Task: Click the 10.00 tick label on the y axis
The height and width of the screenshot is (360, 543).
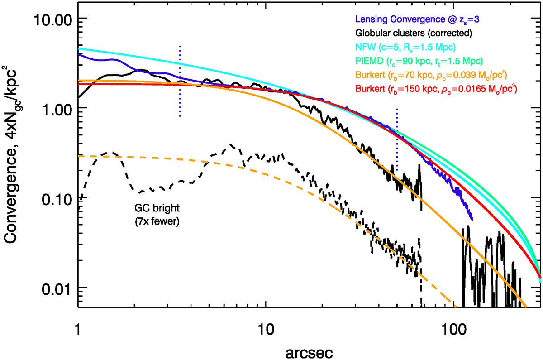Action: (52, 20)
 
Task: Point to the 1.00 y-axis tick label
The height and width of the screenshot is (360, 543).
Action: (57, 110)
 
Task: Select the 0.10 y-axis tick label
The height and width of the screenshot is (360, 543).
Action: (57, 200)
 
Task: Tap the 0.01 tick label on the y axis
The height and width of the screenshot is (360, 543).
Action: (57, 289)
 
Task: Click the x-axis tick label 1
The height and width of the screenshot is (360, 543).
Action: (78, 329)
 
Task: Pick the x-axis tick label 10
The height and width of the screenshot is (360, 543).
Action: (266, 329)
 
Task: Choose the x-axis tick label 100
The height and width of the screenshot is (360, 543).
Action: (454, 329)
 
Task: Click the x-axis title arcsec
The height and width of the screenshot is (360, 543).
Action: (309, 352)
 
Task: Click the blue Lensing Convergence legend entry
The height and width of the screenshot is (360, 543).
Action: (417, 19)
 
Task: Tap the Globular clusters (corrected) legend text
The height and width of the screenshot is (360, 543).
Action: (414, 33)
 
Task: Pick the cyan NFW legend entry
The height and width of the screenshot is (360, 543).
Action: (405, 47)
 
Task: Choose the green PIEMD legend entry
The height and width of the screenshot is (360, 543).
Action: (419, 61)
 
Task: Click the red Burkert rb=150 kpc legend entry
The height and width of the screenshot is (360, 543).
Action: (436, 89)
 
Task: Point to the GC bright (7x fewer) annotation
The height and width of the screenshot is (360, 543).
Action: (157, 215)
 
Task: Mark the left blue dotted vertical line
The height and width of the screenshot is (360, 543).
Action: (180, 81)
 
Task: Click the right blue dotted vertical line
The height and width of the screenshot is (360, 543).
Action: (397, 140)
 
